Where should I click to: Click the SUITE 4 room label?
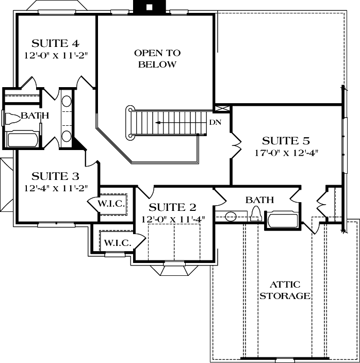coord(55,43)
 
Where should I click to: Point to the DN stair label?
coord(215,123)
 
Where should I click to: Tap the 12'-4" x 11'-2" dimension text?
coord(56,188)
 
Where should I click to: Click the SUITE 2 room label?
coord(173,207)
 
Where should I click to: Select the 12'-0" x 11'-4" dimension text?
coord(173,219)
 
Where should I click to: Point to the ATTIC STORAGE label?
coord(285,290)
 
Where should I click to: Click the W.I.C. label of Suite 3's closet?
coord(111,204)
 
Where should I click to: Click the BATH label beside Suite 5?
coord(259,200)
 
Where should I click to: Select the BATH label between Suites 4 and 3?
coord(35,115)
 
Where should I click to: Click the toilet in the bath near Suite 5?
coord(255,216)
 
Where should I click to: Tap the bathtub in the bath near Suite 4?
coord(22,140)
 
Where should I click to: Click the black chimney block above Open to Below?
coord(149,7)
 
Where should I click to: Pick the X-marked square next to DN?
coord(222,109)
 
